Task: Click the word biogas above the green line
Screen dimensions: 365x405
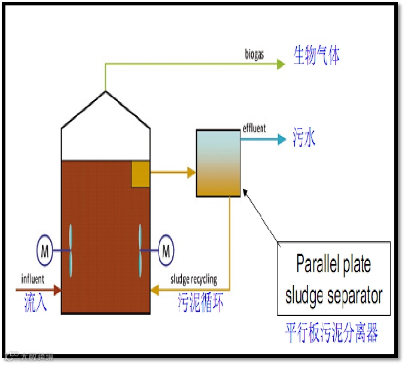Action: coord(254,57)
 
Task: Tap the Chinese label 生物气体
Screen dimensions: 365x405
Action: coord(316,57)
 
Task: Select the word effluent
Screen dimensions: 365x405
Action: coord(254,129)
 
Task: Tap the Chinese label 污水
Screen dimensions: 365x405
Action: coord(304,139)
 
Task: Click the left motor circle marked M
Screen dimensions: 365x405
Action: coord(45,250)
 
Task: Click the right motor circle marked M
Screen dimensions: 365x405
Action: coord(166,250)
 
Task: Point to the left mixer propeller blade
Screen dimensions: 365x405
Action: coord(71,250)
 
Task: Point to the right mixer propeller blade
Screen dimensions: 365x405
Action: coord(141,250)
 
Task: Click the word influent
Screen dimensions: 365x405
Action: coord(33,279)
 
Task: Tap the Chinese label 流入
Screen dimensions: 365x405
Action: coord(35,298)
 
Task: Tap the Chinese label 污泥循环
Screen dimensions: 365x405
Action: coord(201,302)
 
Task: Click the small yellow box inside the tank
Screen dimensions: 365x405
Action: coord(140,173)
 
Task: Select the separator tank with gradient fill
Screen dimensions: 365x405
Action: coord(218,163)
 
